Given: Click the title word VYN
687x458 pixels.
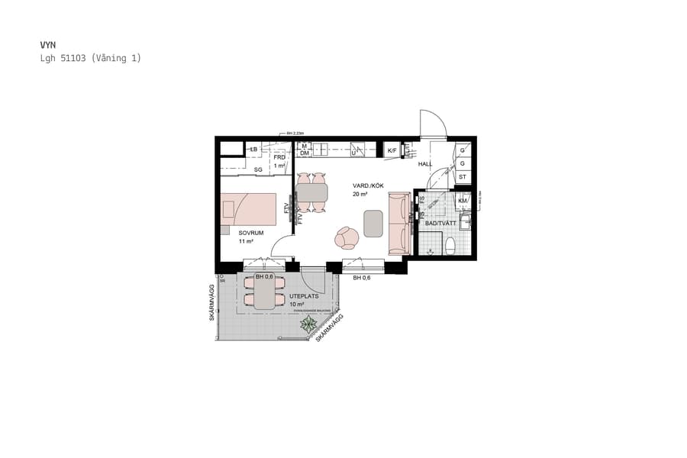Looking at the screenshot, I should click(48, 45).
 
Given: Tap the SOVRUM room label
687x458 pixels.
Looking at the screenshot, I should click(251, 232).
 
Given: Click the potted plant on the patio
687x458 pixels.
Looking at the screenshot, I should click(308, 325).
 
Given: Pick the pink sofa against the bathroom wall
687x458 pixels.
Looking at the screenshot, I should click(399, 223).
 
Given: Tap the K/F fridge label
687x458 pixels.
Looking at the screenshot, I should click(392, 151).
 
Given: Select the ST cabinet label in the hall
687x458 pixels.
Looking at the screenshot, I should click(463, 177).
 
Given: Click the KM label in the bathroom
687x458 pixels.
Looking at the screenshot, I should click(462, 201).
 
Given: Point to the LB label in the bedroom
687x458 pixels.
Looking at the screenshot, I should click(253, 148).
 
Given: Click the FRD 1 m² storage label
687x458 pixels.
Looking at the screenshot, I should click(279, 161).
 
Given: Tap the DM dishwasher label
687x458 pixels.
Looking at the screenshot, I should click(304, 153).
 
